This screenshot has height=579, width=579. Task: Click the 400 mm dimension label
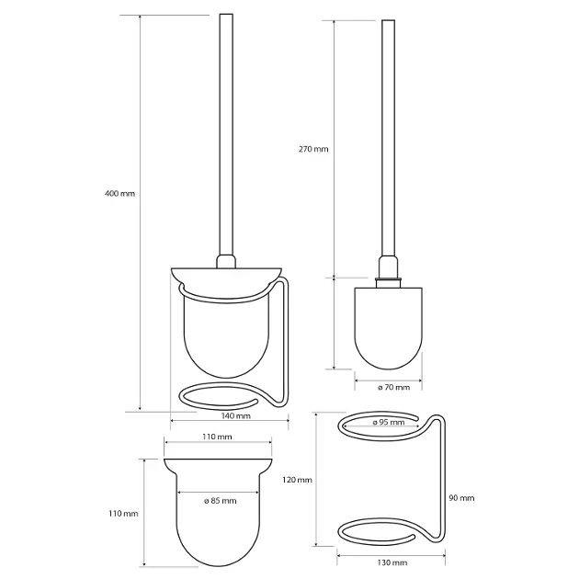[x=120, y=193]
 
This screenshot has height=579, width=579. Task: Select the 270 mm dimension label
[x=313, y=149]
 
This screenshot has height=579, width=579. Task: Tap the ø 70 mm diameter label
[x=393, y=387]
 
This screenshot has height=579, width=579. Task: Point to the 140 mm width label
[x=235, y=415]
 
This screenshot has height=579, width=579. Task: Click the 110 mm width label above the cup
[x=217, y=437]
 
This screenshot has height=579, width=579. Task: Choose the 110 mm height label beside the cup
[x=123, y=514]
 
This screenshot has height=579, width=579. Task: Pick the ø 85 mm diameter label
[x=220, y=501]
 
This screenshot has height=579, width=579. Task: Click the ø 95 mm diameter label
[x=389, y=422]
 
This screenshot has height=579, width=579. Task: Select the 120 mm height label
[x=297, y=480]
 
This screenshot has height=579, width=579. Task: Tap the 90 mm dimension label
[x=461, y=498]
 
